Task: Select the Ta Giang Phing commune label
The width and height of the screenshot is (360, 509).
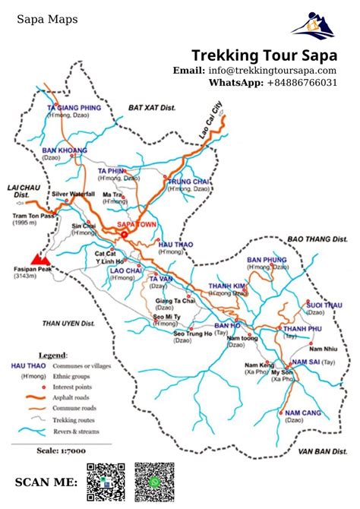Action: point(74,109)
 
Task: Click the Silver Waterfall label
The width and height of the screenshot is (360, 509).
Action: point(73,194)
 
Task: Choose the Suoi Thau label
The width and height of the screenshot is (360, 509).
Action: point(322,305)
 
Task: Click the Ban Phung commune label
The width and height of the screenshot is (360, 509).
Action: point(267,260)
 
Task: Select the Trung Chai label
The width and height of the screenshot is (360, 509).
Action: point(189,182)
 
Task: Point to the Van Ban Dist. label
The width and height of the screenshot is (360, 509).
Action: point(317,451)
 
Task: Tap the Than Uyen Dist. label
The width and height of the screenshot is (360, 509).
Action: point(68,323)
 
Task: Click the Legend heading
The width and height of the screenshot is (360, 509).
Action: point(53,355)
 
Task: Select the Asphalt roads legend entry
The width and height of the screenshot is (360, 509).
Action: point(71,397)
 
